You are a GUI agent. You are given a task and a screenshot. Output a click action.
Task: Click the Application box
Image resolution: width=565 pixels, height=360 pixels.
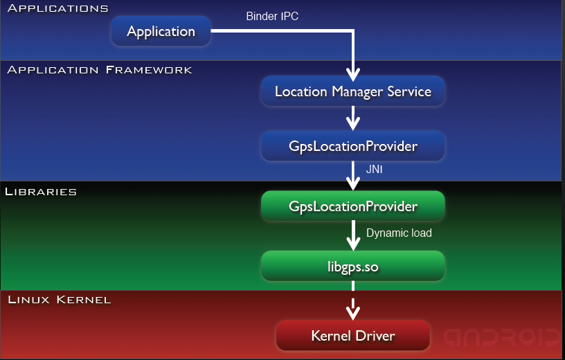click(161, 32)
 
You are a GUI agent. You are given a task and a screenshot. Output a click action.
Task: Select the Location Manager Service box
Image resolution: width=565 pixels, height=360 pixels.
click(352, 91)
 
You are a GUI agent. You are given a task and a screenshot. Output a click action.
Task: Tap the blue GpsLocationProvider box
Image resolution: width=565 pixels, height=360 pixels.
click(352, 147)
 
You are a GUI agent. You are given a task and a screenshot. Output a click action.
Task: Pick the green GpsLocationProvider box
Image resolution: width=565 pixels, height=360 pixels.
click(352, 206)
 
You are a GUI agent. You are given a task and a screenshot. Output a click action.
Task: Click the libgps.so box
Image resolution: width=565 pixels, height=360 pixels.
click(352, 265)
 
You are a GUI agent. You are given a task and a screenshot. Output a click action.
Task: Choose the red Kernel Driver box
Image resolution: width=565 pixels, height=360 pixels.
click(352, 336)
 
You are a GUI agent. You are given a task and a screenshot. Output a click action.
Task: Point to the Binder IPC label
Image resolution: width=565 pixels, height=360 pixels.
click(272, 16)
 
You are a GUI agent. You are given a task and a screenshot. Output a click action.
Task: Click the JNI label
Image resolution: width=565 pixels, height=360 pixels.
click(375, 169)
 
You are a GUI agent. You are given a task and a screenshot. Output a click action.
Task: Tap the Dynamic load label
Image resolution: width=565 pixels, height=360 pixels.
click(398, 233)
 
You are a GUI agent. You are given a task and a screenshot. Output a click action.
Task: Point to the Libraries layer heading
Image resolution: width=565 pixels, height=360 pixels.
click(40, 191)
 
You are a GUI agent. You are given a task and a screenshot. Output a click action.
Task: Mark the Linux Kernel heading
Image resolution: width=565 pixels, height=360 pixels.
click(59, 300)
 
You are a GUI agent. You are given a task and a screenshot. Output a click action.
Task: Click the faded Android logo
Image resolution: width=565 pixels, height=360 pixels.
click(501, 337)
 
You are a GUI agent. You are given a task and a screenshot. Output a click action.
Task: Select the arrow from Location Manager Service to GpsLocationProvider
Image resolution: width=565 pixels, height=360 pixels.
click(353, 118)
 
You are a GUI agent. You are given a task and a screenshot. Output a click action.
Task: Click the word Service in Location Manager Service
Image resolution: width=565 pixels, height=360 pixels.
click(407, 91)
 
